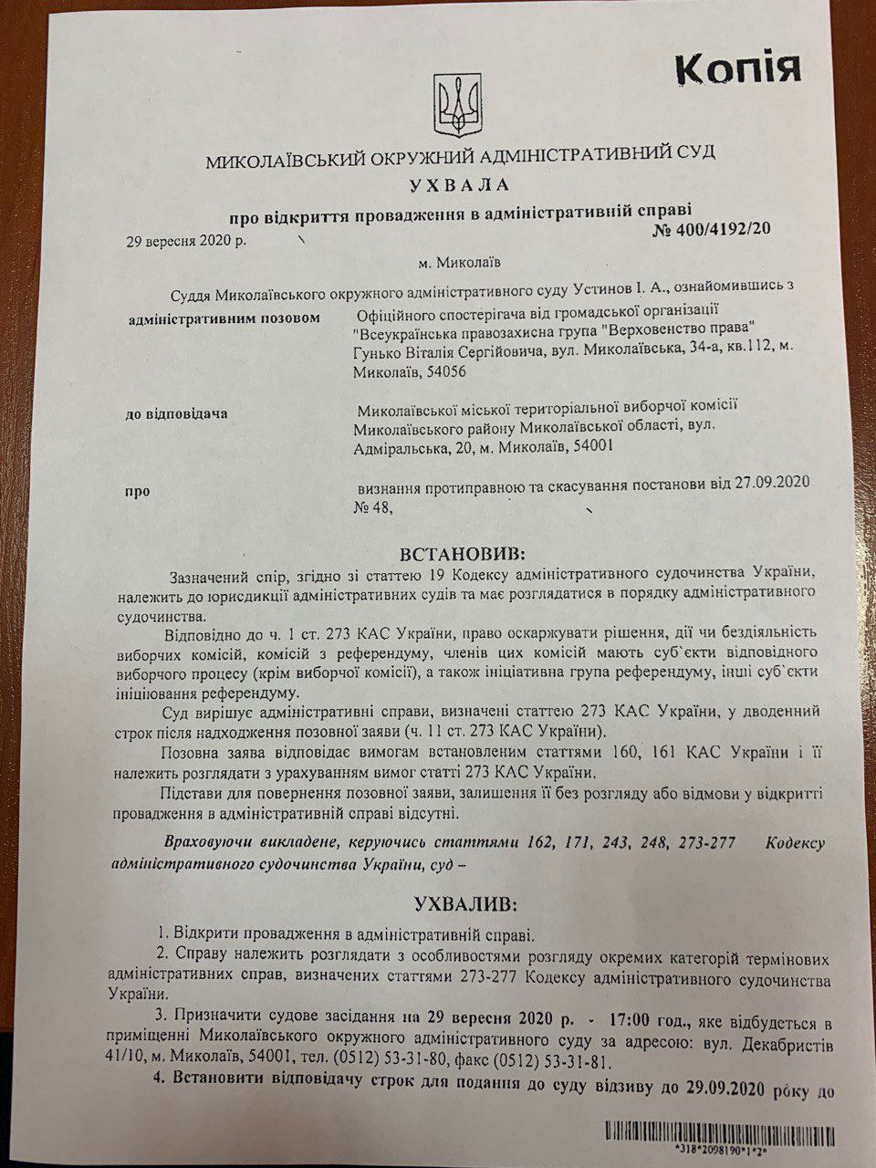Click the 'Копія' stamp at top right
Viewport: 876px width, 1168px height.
[737, 69]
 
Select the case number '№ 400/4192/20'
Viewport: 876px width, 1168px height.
[712, 228]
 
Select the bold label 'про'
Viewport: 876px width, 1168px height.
[138, 491]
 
